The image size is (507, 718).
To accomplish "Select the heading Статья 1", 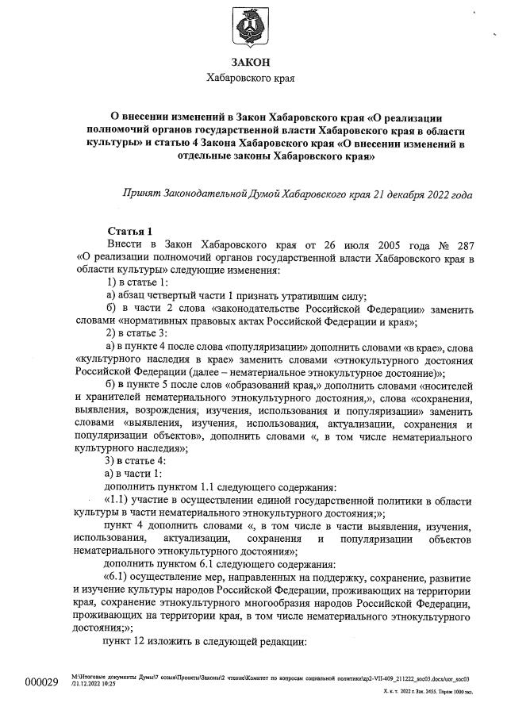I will [129, 231].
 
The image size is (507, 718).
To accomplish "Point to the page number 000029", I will [42, 683].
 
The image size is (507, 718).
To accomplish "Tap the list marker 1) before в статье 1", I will [112, 283].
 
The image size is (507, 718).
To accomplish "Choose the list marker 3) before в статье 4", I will [112, 461].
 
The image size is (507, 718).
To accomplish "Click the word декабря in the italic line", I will [428, 194].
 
